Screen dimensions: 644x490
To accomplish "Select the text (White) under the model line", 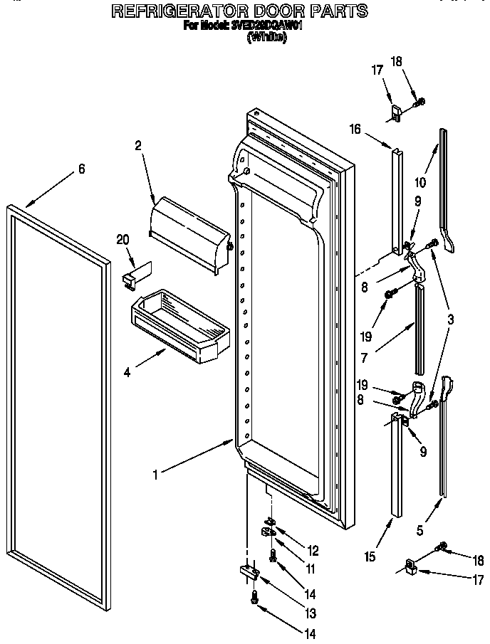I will [x=267, y=38].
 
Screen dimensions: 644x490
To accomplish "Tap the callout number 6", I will [x=81, y=169].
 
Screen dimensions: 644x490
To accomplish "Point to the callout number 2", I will [x=138, y=145].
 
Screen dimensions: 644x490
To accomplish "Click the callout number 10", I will [x=420, y=182].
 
